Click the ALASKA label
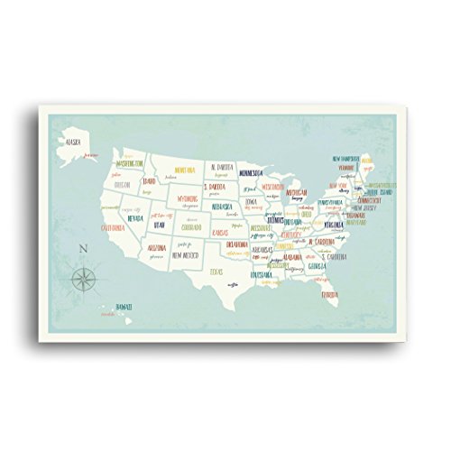pos(75,141)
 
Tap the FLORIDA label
pos(330,294)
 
